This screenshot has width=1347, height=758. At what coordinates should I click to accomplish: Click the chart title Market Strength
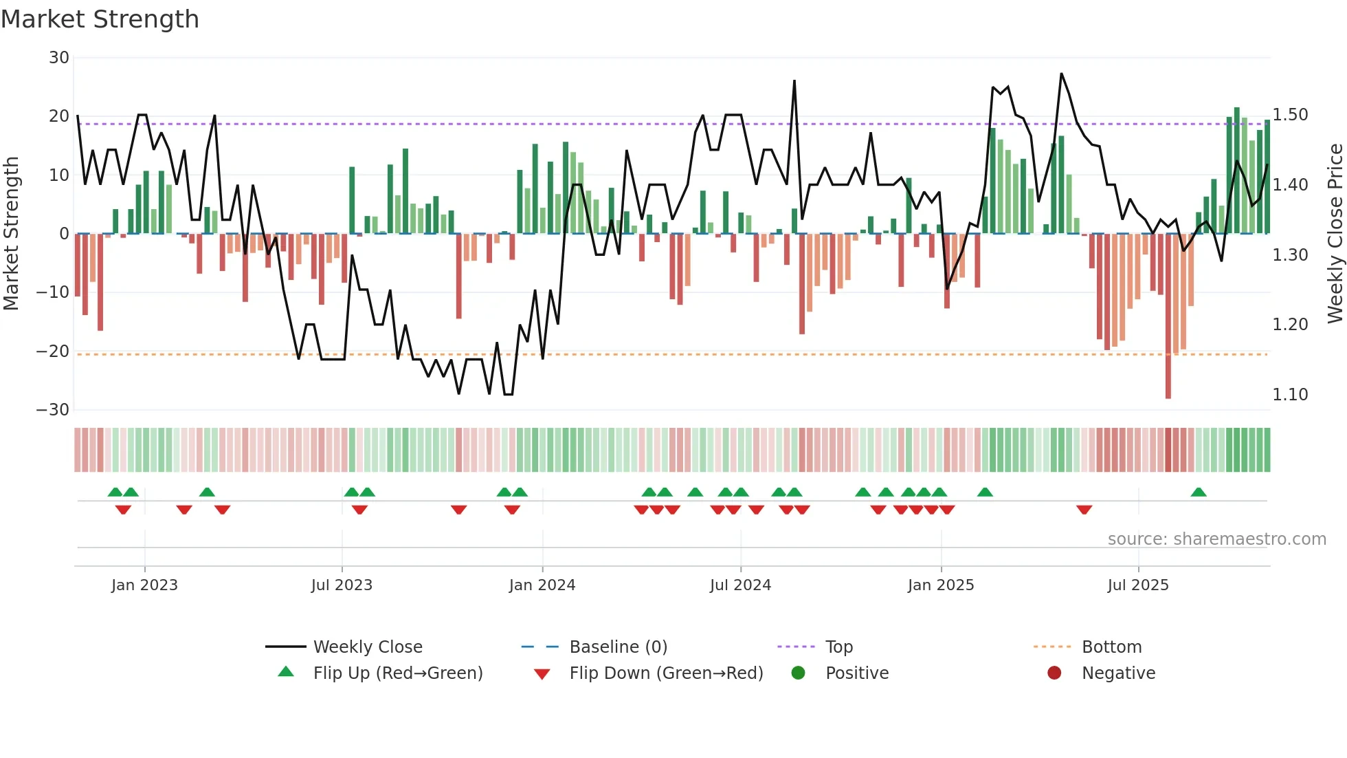click(100, 19)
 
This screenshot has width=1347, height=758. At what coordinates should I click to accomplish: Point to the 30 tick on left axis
click(59, 58)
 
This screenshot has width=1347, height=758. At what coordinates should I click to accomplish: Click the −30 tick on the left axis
click(53, 410)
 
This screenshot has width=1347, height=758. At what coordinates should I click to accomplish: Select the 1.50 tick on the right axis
click(1290, 115)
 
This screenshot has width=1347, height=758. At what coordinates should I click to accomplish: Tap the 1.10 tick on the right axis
click(1290, 395)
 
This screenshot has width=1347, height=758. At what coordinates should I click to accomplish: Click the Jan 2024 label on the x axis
click(542, 585)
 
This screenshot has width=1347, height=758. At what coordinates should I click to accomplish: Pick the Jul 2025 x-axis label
click(1138, 585)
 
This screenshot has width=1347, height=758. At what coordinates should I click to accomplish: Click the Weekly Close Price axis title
click(1335, 234)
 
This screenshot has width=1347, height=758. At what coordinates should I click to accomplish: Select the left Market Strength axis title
click(12, 234)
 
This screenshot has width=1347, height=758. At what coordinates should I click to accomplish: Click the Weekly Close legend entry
click(368, 647)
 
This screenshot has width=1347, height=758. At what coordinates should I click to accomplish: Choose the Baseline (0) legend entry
click(618, 647)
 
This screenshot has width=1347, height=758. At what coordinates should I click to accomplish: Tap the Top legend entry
click(838, 647)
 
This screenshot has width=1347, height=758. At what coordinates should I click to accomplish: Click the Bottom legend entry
click(1111, 647)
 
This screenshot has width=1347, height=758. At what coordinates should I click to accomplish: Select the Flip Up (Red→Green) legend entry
click(397, 673)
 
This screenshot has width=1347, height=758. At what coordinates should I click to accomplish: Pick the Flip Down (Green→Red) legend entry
click(666, 673)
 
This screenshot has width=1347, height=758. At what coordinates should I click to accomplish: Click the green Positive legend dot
click(798, 673)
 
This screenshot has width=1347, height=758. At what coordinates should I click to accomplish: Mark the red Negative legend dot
click(1054, 673)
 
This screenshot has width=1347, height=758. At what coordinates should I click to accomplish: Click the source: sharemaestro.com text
click(1216, 539)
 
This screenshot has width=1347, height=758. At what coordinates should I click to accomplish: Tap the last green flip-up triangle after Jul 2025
click(1199, 492)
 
